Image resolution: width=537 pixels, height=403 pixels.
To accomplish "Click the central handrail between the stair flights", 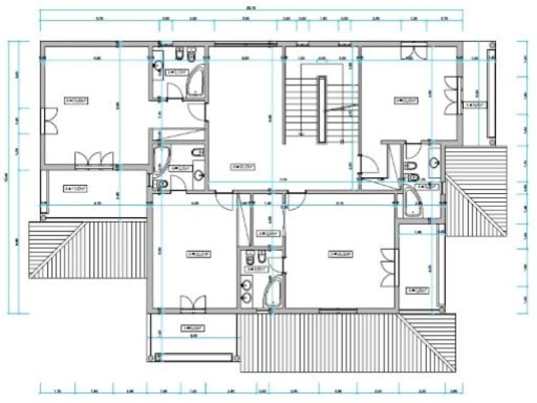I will tap(322, 110).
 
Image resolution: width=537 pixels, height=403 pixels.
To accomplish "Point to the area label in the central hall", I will tap(244, 166).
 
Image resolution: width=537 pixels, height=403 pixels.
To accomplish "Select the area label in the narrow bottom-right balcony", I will tap(417, 290).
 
